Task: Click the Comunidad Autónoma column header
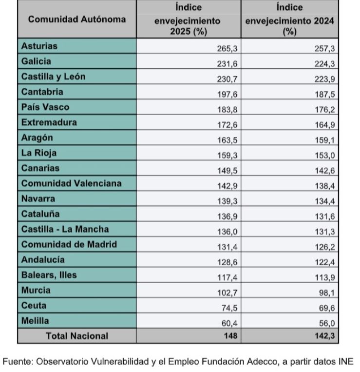77,20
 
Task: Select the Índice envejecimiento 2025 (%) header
188,20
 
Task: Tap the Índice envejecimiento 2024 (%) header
289,20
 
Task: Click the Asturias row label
39,46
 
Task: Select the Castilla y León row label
54,77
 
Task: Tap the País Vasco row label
45,107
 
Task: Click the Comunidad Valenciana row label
72,183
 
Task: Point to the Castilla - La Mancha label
65,229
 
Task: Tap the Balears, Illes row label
49,275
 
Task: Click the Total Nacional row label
77,336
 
